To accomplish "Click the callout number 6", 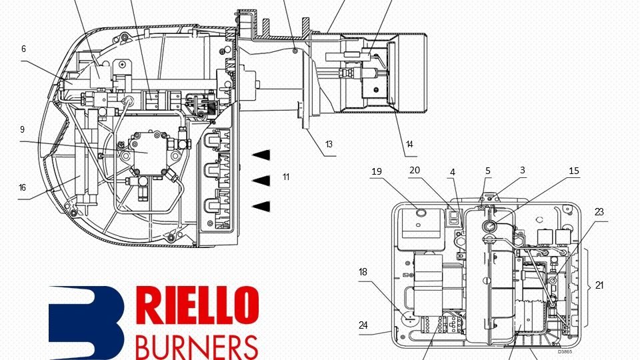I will tap(23, 49).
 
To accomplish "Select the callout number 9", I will tap(22, 129).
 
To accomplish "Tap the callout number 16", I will tap(22, 188).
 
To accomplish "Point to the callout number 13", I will tap(329, 144).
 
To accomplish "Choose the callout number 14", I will tap(409, 144).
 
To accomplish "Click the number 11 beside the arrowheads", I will tap(286, 177).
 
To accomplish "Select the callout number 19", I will tap(377, 171).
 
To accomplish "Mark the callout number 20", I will tap(415, 171).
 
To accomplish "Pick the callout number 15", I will tap(574, 171).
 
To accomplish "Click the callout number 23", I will tap(599, 212).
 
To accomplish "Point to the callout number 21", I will tap(599, 285).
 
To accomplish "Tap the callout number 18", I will tap(363, 272).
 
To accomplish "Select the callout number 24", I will tap(363, 325).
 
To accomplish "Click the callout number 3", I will tap(523, 171).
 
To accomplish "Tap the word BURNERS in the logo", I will tap(196, 345).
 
